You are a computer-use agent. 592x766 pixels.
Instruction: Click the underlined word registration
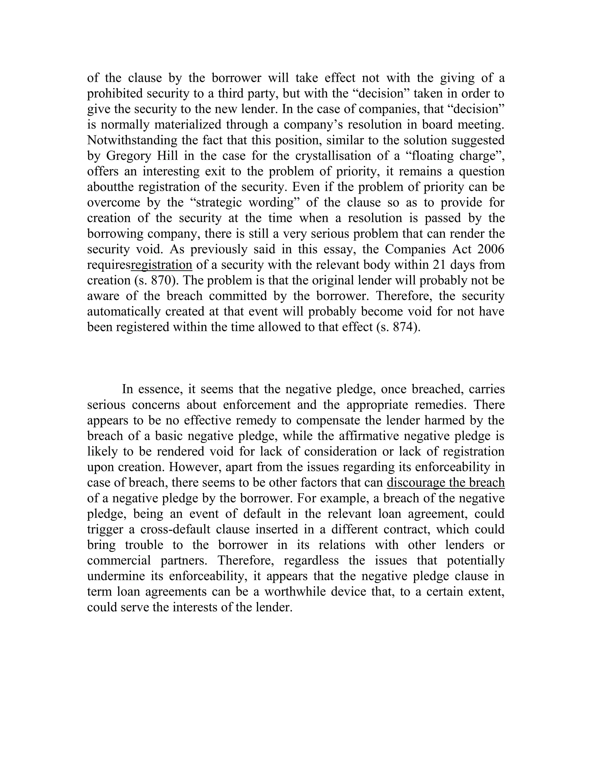(x=161, y=265)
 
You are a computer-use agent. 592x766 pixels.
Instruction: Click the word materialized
(x=188, y=125)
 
